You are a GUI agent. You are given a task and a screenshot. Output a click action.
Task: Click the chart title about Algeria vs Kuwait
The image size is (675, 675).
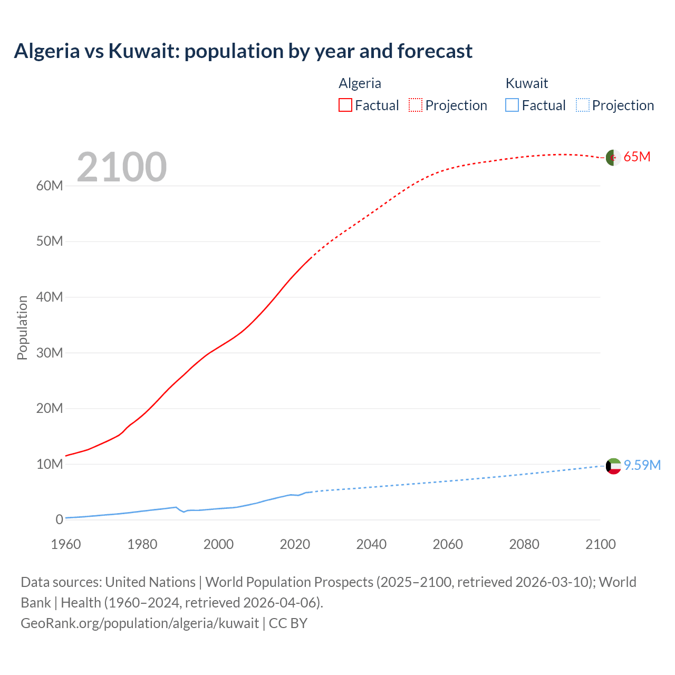243,51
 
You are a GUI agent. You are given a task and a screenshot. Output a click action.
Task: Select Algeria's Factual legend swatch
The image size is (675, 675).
345,105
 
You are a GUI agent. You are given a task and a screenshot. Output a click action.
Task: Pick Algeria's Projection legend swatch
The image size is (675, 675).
416,105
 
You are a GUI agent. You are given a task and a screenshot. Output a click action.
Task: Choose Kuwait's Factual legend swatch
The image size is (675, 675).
512,105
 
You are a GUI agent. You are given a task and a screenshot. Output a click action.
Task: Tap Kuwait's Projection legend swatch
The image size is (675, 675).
583,105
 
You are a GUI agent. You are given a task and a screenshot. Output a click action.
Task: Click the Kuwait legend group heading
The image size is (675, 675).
526,83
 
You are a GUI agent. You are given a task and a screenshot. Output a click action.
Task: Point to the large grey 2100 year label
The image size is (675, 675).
122,167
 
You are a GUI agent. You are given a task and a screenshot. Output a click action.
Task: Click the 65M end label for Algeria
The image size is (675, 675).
637,157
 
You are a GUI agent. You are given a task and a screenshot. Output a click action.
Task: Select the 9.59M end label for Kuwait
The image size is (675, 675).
642,465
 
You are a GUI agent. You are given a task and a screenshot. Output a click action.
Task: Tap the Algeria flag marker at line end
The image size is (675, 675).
613,157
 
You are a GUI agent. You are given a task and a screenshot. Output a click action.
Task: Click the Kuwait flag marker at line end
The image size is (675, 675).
613,466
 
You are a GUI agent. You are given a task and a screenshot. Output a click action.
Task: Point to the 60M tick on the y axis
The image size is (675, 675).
50,186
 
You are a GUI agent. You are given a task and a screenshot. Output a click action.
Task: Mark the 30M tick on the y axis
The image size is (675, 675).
50,353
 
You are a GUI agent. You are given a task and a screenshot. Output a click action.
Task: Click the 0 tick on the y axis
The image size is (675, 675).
59,519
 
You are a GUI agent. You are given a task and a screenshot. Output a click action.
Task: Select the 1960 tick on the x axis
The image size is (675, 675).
66,544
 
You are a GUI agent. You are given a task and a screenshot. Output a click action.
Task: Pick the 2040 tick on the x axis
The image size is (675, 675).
371,544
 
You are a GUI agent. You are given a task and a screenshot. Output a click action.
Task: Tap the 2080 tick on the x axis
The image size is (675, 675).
524,544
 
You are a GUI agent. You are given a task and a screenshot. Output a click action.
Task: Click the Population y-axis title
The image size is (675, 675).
22,327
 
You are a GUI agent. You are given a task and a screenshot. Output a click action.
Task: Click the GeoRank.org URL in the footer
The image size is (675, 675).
140,623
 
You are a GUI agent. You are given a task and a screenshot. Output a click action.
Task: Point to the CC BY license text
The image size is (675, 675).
288,623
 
